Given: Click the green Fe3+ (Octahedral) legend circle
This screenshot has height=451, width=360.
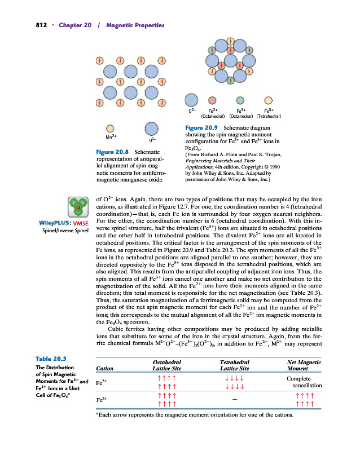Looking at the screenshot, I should [240, 101].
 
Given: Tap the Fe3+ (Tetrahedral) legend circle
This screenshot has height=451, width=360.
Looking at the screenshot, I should [269, 101].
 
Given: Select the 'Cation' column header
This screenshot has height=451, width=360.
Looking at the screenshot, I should [106, 369].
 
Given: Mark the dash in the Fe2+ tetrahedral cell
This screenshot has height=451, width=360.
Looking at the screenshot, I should [234, 400].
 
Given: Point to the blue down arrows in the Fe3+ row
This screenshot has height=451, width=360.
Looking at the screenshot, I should [234, 382].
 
